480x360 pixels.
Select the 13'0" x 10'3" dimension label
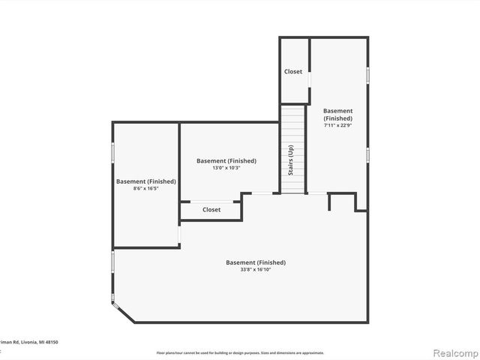point(226,168)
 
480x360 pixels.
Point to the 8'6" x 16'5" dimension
point(146,188)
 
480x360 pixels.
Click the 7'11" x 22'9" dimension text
point(338,125)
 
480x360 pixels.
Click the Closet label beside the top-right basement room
point(293,72)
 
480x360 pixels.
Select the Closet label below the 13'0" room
point(211,210)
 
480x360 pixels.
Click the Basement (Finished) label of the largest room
point(256,262)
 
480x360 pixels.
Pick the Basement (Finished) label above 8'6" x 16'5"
point(146,181)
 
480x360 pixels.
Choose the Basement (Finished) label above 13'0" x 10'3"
point(226,160)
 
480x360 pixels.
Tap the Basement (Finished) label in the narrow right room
point(338,114)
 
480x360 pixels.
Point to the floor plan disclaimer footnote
point(240,352)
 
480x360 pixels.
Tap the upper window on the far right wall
point(367,75)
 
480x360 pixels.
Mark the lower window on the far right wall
point(367,154)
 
